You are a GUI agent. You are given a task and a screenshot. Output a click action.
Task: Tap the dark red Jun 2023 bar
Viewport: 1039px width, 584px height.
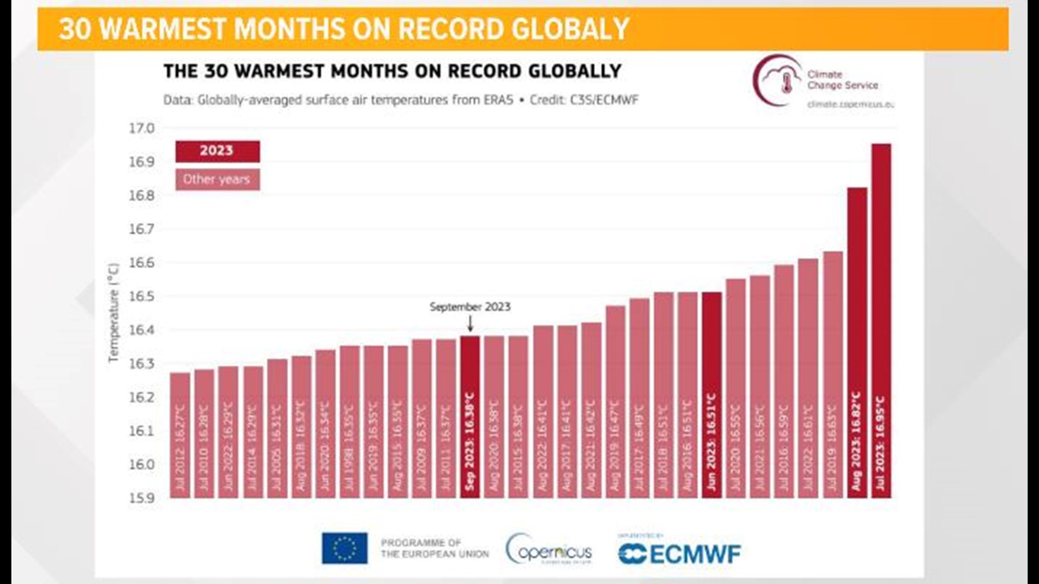coord(712,395)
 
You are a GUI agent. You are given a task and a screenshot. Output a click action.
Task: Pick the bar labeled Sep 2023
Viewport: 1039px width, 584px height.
coord(470,416)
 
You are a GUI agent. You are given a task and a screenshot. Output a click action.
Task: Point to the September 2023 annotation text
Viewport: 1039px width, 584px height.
coord(470,307)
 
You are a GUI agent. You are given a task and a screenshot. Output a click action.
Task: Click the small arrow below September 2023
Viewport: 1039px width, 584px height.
coord(470,324)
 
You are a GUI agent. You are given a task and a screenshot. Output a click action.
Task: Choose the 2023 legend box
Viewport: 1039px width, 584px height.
coord(217,151)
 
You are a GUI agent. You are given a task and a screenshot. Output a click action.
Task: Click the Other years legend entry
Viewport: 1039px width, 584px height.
coord(217,180)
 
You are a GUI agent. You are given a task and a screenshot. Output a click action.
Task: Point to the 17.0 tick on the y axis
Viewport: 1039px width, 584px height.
coord(141,129)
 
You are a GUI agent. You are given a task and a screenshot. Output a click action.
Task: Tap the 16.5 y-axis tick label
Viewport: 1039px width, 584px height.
coord(141,296)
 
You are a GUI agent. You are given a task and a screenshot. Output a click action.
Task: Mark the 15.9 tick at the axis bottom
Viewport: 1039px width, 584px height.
coord(141,498)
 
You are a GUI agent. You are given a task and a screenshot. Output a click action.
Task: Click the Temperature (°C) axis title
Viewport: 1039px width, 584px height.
coord(113,313)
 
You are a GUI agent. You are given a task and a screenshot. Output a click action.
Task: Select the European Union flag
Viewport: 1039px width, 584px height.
coord(345,548)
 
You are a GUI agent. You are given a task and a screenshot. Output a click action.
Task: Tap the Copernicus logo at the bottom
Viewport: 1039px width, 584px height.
coord(549,550)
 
